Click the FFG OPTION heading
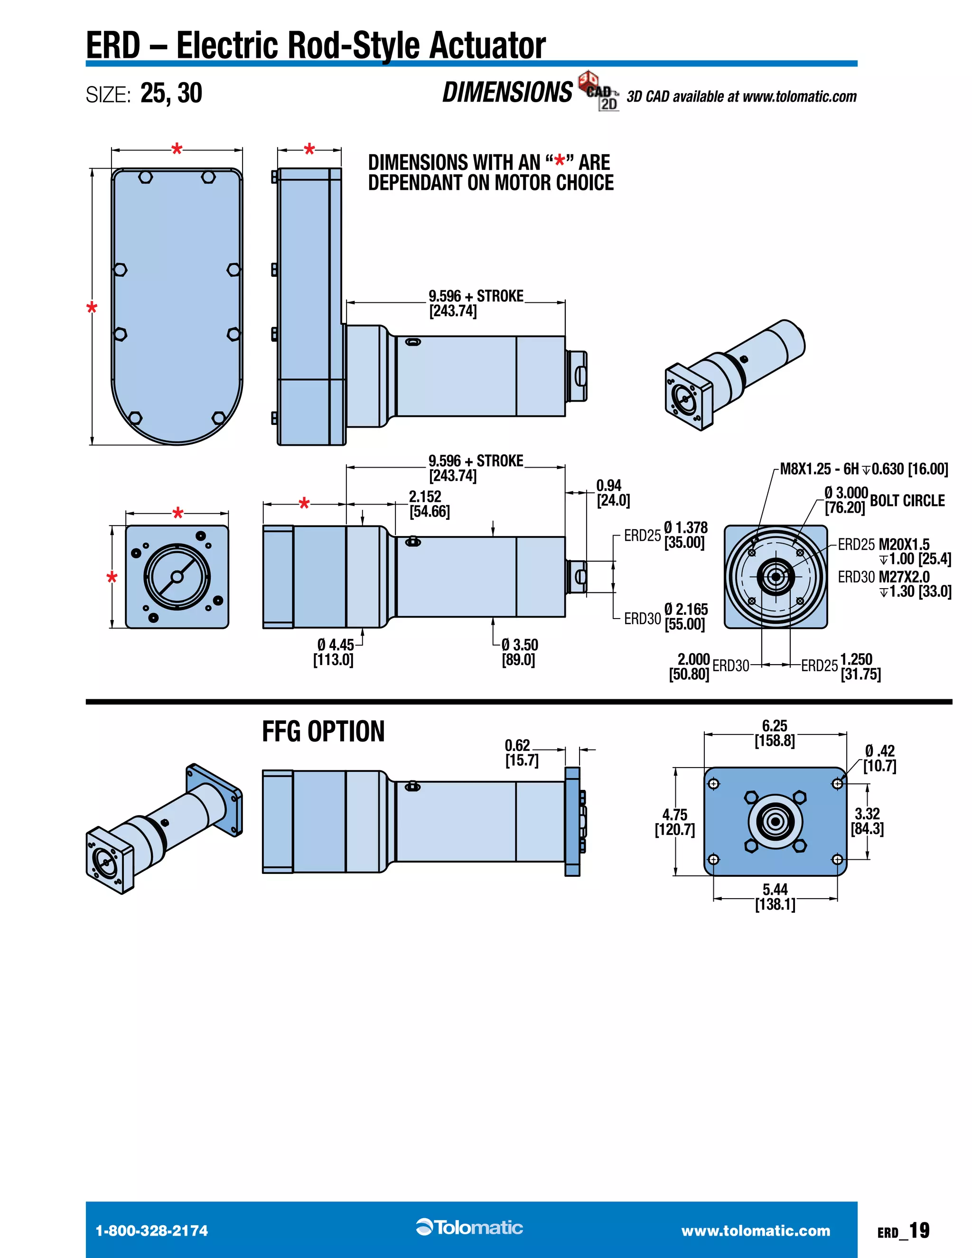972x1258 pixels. click(x=323, y=732)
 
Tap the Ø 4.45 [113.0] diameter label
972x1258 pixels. click(x=334, y=652)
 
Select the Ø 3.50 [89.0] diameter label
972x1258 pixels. click(x=519, y=652)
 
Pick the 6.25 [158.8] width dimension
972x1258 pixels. click(x=775, y=733)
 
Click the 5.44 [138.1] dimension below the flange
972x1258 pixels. click(x=775, y=897)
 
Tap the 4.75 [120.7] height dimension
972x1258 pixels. click(x=675, y=822)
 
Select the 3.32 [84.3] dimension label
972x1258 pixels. click(x=867, y=821)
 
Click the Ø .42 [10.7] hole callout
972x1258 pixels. click(x=879, y=758)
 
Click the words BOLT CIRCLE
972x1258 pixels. click(x=907, y=500)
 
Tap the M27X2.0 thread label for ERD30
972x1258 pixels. click(x=904, y=577)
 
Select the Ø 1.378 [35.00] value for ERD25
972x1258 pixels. click(x=685, y=535)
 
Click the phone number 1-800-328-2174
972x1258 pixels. click(x=151, y=1231)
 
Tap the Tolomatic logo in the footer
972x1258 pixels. click(x=469, y=1228)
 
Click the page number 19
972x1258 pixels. click(x=920, y=1230)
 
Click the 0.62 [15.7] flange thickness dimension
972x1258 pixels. click(x=522, y=752)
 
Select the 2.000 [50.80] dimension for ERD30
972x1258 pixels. click(x=690, y=667)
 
